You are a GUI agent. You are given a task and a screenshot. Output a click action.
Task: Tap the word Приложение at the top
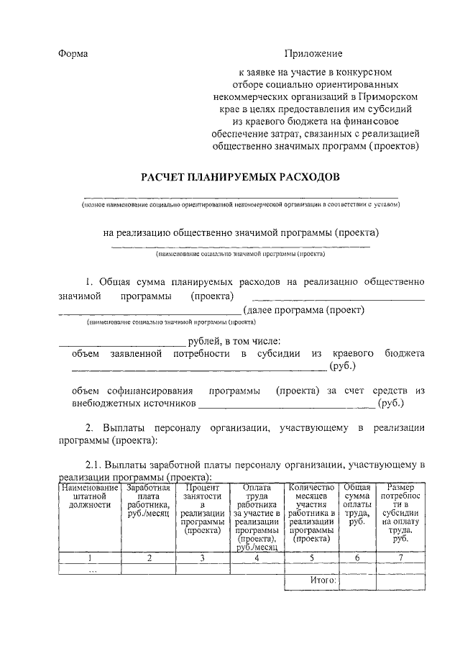(x=313, y=54)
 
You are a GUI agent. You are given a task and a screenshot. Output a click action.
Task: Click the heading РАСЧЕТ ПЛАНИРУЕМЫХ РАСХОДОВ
(x=239, y=177)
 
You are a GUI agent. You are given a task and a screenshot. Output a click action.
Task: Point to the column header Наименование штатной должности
(x=90, y=496)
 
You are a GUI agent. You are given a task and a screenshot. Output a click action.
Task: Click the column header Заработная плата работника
(x=147, y=501)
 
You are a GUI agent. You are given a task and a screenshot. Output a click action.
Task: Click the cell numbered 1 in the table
(x=90, y=557)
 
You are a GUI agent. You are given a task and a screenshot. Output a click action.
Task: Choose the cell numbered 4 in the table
(x=257, y=557)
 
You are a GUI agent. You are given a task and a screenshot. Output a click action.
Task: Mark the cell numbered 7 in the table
(x=400, y=557)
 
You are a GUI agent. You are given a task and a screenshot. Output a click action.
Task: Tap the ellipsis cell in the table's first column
(x=90, y=568)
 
